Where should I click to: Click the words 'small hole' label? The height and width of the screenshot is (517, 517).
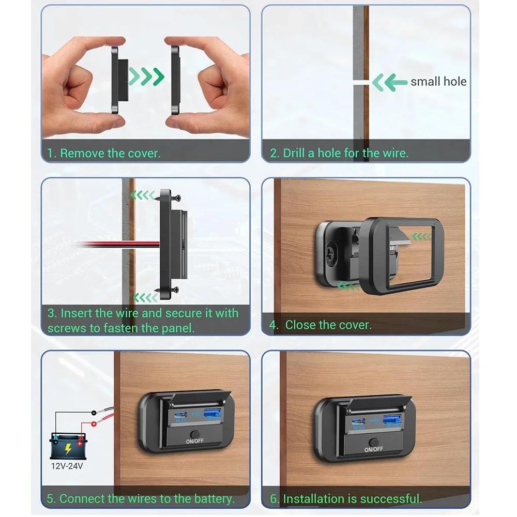click(x=438, y=82)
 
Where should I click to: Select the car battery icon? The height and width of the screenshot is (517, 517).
click(x=68, y=444)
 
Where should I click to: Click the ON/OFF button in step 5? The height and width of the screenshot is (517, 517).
click(x=194, y=435)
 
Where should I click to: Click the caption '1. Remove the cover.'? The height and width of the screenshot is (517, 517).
click(x=104, y=153)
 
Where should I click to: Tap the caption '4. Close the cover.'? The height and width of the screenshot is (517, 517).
click(x=328, y=325)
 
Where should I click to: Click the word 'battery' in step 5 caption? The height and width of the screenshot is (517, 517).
click(x=212, y=499)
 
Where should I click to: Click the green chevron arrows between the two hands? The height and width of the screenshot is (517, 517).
click(x=146, y=77)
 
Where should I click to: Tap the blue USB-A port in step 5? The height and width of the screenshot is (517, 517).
click(x=211, y=414)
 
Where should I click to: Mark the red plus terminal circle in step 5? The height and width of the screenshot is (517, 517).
click(x=94, y=424)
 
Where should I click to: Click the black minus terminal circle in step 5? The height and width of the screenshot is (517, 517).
click(x=94, y=412)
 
